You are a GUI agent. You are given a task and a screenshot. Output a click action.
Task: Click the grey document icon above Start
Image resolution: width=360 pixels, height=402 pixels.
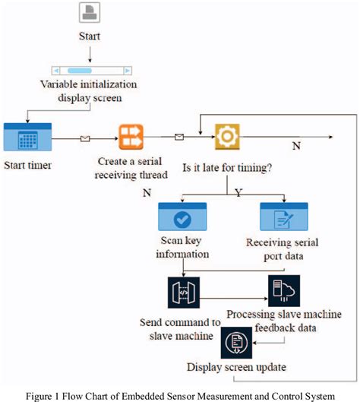tap(90, 14)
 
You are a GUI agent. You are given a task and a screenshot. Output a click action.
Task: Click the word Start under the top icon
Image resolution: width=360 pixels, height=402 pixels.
tap(90, 36)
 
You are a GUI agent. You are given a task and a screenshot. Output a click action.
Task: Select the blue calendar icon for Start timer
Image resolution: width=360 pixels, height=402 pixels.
tap(28, 138)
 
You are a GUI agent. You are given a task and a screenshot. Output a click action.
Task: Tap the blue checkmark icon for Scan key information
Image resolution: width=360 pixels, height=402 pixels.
tap(182, 217)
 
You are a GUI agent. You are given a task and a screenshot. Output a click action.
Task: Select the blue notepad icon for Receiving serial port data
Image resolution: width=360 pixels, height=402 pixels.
tap(283, 217)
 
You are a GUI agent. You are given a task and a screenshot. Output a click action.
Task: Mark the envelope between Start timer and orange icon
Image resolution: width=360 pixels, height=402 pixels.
tap(86, 139)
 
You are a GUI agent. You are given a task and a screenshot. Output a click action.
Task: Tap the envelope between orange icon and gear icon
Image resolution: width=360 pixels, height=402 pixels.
tap(179, 137)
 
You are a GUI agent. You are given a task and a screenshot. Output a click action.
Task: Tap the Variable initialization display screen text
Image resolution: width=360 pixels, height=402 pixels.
tap(90, 90)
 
